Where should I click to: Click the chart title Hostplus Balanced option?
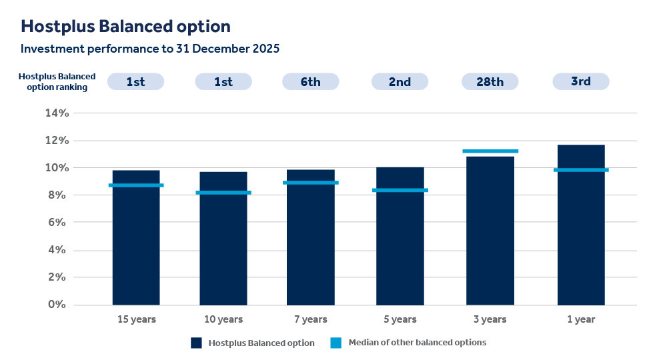125,27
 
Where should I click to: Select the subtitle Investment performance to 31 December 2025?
149,49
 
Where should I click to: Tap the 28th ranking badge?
490,81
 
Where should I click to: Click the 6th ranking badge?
310,81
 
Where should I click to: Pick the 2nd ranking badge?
400,81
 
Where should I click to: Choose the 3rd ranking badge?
580,81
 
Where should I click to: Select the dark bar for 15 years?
136,247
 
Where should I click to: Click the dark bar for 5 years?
400,247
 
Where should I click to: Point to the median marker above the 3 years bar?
490,151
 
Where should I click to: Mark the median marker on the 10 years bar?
223,193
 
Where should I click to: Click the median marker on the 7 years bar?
310,183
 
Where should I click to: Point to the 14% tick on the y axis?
57,113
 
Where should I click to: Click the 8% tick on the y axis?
57,195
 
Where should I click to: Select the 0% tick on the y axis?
57,305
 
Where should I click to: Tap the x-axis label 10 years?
223,319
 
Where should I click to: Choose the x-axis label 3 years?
490,319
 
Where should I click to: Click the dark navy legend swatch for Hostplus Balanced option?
196,343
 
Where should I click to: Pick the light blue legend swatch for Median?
336,343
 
